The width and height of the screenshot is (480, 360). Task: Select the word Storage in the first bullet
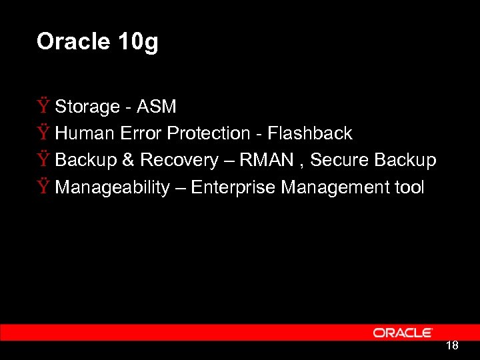click(x=85, y=107)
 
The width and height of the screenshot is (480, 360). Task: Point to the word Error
click(x=141, y=133)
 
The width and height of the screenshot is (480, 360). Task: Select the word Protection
click(x=207, y=133)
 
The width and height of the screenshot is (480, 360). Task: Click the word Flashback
click(x=309, y=133)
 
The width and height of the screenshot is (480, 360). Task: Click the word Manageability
click(x=112, y=188)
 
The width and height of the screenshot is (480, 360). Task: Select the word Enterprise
click(x=233, y=188)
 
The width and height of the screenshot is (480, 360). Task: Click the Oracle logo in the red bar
click(x=403, y=333)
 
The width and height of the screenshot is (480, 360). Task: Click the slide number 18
click(x=451, y=346)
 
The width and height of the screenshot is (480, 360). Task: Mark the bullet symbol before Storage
click(x=43, y=107)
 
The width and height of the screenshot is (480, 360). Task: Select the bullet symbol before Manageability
click(x=43, y=187)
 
